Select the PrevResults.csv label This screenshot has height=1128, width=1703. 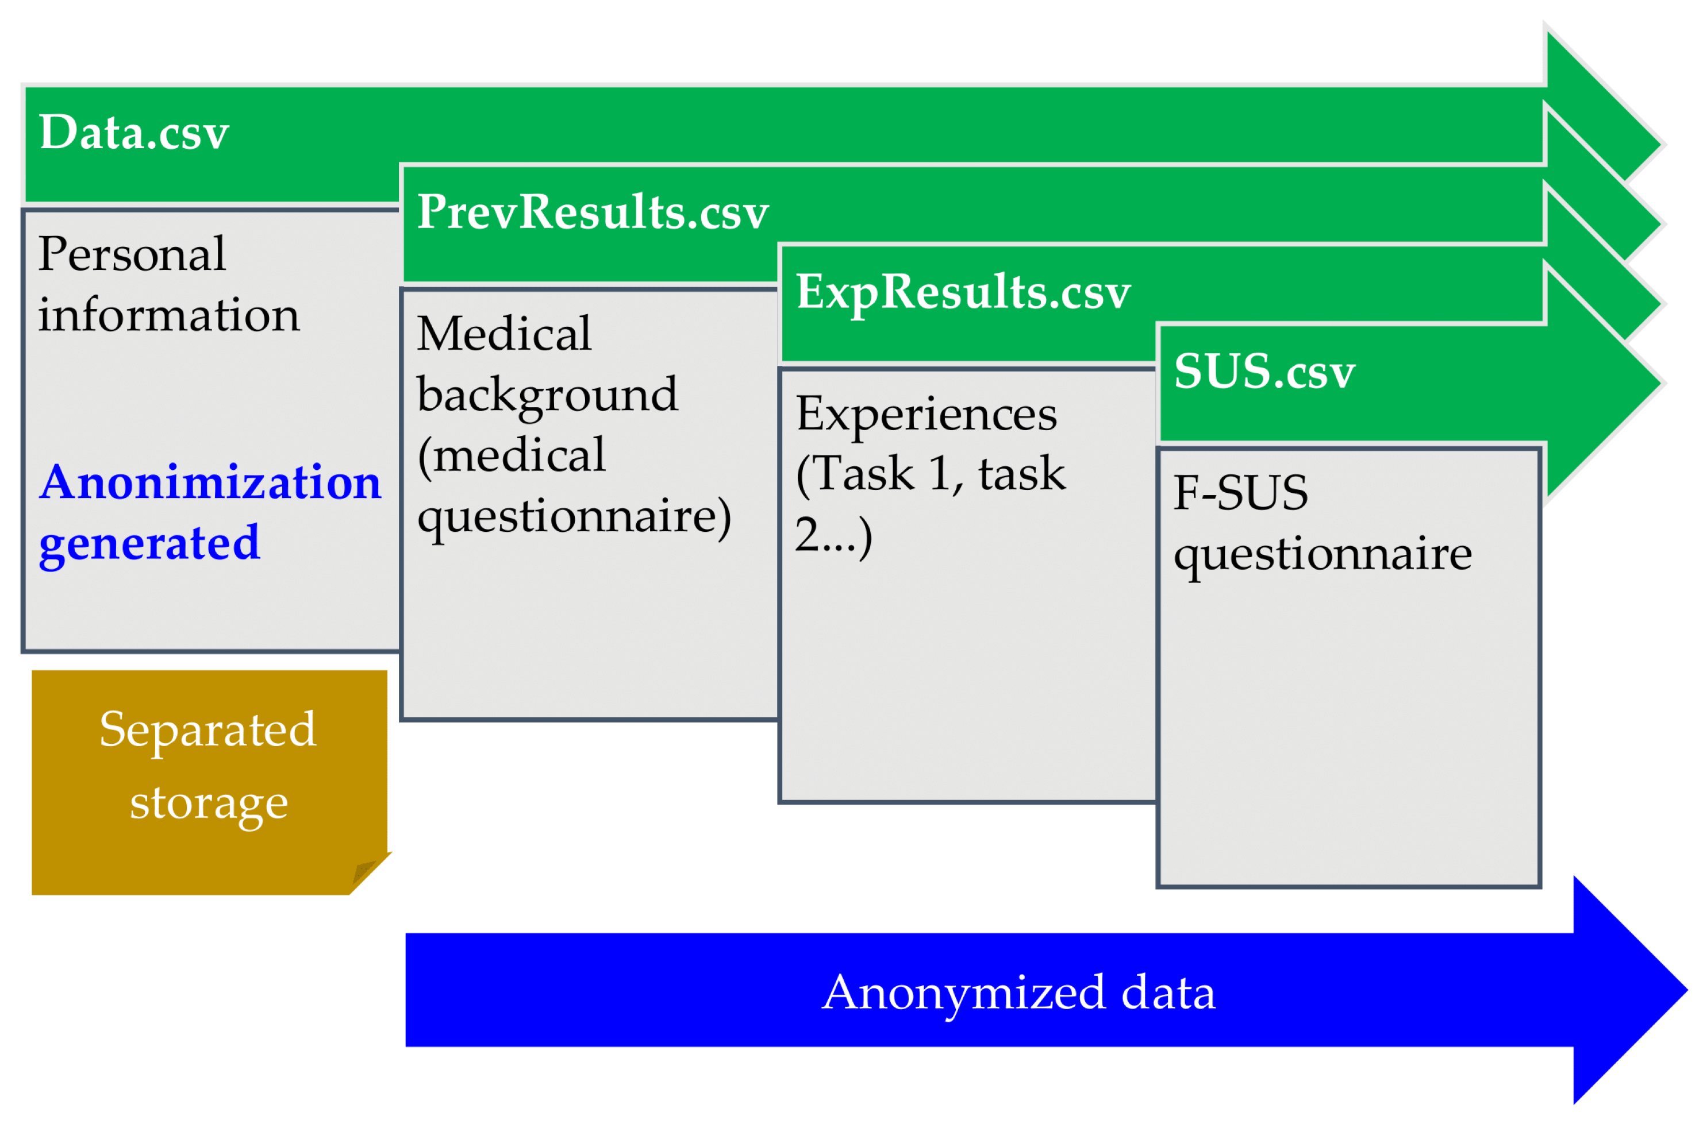pos(593,213)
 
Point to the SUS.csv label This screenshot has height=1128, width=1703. pos(1264,372)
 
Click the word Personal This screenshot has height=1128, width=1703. pos(132,254)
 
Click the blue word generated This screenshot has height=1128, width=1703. pos(149,543)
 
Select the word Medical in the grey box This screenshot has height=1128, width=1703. pos(504,334)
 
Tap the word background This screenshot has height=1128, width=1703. pos(547,395)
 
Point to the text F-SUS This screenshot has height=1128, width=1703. pos(1240,493)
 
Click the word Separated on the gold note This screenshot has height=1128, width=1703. pos(208,730)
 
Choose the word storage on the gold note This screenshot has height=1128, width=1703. pos(209,803)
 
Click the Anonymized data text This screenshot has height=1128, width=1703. pos(1018,993)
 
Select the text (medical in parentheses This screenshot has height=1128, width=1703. pos(511,456)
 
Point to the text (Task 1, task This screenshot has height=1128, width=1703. pos(930,475)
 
